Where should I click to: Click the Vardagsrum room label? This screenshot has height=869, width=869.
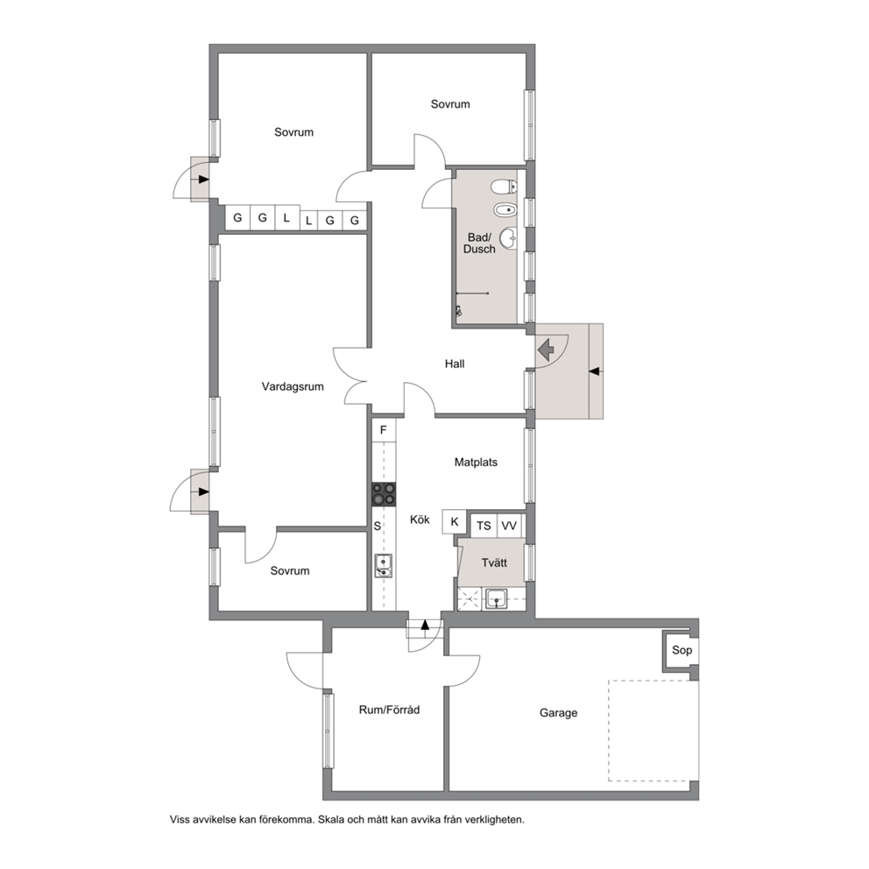[293, 387]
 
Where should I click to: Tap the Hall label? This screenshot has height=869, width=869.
[455, 364]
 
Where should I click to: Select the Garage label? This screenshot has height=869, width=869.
[558, 713]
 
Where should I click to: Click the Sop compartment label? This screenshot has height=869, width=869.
[682, 650]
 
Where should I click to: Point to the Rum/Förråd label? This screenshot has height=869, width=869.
[389, 710]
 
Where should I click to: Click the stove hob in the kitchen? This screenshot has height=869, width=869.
[384, 494]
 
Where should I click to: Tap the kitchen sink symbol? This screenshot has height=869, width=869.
[384, 565]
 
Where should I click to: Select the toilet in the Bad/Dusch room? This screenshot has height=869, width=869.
[504, 187]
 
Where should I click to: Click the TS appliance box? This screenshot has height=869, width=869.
[484, 526]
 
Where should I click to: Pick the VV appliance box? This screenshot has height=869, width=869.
[509, 526]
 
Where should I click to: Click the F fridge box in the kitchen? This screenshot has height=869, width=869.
[384, 430]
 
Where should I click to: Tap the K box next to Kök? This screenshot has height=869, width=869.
[455, 521]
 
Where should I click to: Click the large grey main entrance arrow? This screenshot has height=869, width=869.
[546, 350]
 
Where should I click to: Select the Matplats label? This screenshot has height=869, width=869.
[476, 463]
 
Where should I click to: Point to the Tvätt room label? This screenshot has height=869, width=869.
[494, 563]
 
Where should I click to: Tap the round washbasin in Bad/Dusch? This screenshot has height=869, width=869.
[509, 239]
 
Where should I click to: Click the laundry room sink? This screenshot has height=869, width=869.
[496, 598]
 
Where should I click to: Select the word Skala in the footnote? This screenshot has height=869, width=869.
[330, 820]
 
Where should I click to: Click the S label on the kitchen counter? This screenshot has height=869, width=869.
[378, 526]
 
